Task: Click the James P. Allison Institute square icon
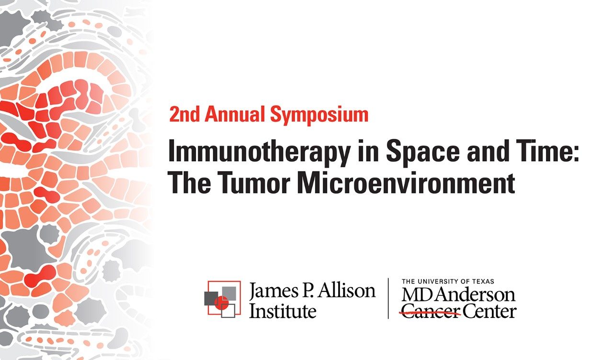click(x=221, y=298)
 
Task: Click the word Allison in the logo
click(x=351, y=290)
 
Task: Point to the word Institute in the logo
click(x=283, y=311)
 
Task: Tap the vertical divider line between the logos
click(x=388, y=298)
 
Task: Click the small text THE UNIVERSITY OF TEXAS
click(x=448, y=281)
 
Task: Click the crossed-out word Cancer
click(x=430, y=312)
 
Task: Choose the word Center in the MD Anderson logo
click(x=489, y=312)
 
